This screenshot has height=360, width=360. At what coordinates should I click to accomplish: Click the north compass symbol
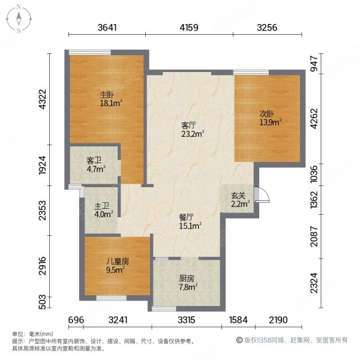pyautogui.click(x=19, y=18)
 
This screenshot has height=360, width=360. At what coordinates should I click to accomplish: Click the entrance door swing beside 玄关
pyautogui.click(x=260, y=195)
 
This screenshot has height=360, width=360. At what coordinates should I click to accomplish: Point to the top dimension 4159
pyautogui.click(x=190, y=27)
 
